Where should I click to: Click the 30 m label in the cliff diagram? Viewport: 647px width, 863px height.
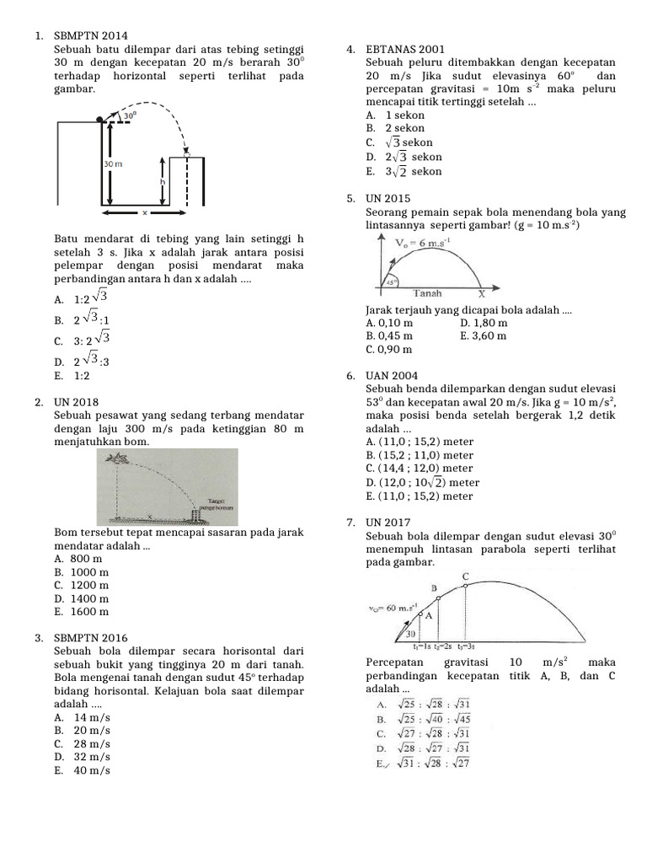(x=113, y=163)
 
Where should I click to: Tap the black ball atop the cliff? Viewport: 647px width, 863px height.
(x=101, y=120)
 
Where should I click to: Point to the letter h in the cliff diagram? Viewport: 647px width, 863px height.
(x=161, y=181)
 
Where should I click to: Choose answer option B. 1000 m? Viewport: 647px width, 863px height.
(x=82, y=571)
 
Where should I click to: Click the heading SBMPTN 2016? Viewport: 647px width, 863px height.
(x=90, y=638)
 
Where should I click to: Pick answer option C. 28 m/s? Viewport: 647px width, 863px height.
(x=82, y=744)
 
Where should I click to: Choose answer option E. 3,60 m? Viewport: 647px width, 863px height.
(x=484, y=335)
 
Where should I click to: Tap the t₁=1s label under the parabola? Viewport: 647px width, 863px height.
(x=422, y=646)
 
